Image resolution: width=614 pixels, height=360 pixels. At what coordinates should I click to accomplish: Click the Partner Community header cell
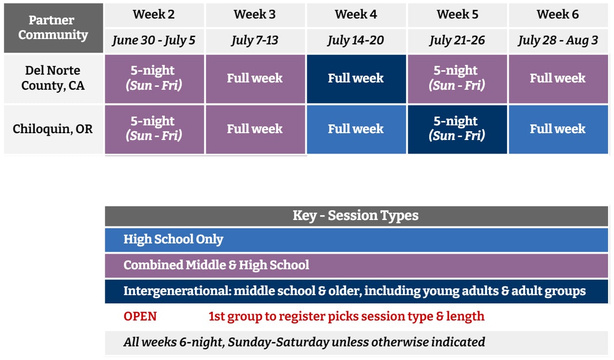pyautogui.click(x=54, y=28)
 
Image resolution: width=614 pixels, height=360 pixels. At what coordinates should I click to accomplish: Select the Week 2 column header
pyautogui.click(x=154, y=15)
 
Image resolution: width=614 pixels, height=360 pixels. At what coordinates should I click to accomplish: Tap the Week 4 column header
pyautogui.click(x=356, y=15)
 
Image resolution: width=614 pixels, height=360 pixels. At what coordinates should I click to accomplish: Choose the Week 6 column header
pyautogui.click(x=558, y=15)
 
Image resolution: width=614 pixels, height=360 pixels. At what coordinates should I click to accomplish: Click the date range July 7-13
pyautogui.click(x=255, y=40)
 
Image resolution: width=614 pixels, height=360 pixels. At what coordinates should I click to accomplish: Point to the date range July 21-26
pyautogui.click(x=457, y=40)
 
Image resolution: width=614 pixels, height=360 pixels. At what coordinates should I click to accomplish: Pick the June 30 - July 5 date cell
pyautogui.click(x=154, y=40)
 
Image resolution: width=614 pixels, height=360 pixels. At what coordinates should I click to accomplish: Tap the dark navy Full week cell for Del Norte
pyautogui.click(x=356, y=79)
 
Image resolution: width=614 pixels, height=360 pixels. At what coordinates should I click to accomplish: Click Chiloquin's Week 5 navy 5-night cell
pyautogui.click(x=457, y=129)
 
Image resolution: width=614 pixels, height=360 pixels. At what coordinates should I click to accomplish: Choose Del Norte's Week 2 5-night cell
pyautogui.click(x=154, y=79)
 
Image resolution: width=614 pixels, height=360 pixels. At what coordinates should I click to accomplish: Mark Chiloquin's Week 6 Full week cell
pyautogui.click(x=558, y=129)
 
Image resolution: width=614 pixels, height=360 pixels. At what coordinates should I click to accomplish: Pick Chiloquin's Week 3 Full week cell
pyautogui.click(x=255, y=129)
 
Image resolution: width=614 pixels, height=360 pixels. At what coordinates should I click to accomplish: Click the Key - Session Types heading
pyautogui.click(x=356, y=216)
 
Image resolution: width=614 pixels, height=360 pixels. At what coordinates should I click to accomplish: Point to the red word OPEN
pyautogui.click(x=140, y=317)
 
